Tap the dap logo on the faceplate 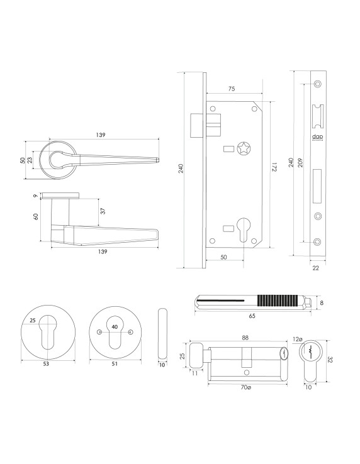click(x=317, y=136)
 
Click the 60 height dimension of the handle click(x=36, y=216)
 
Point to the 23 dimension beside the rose click(x=30, y=161)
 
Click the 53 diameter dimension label click(x=47, y=363)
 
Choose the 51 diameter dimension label click(x=115, y=363)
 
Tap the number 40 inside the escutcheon click(x=115, y=326)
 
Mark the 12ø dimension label click(x=298, y=340)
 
